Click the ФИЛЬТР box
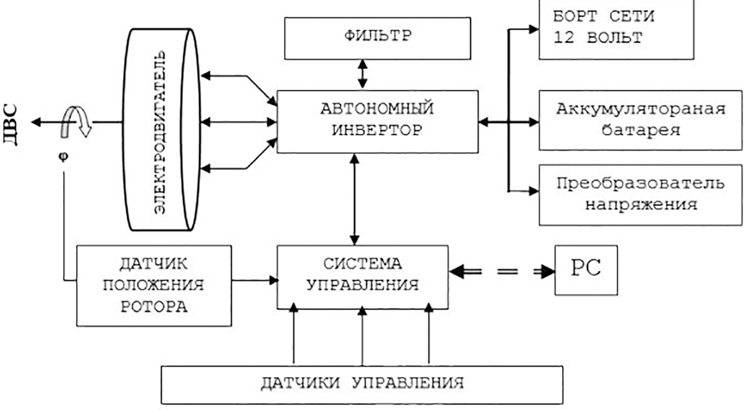pyautogui.click(x=377, y=38)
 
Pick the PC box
pyautogui.click(x=586, y=270)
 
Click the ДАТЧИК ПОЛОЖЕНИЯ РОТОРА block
pyautogui.click(x=153, y=285)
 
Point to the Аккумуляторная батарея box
pyautogui.click(x=639, y=119)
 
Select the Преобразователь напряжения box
pyautogui.click(x=639, y=194)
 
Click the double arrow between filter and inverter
pyautogui.click(x=362, y=74)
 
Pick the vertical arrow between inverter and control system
pyautogui.click(x=355, y=199)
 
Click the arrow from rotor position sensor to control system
pyautogui.click(x=254, y=281)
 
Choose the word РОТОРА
pyautogui.click(x=153, y=306)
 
